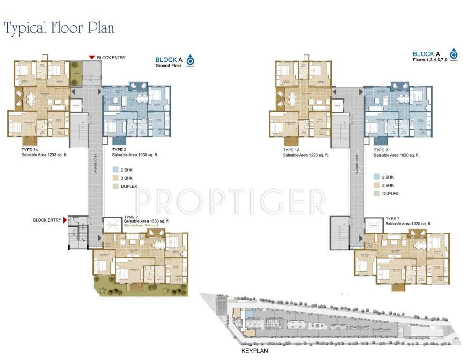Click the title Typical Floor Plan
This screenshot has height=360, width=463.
pos(59,28)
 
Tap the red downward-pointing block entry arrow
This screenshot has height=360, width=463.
pos(92,57)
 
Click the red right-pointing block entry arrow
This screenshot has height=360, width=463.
pos(65,219)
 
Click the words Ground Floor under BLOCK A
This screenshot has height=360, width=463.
pos(168,66)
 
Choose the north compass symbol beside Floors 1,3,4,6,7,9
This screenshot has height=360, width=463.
pos(453,54)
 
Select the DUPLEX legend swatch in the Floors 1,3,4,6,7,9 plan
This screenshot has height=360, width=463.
pos(376,194)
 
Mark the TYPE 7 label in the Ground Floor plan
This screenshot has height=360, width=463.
pos(130,217)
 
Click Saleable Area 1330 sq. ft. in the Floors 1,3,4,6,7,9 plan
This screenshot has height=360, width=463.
pos(408,224)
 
